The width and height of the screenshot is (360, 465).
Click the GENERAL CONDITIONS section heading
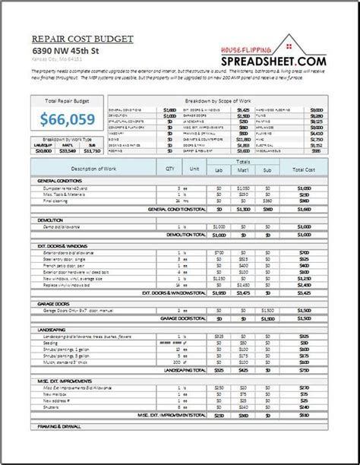(x=58, y=181)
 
